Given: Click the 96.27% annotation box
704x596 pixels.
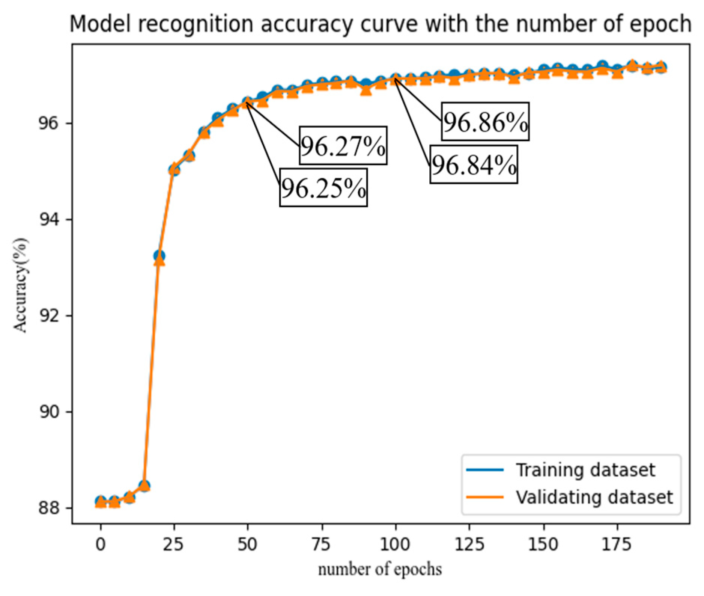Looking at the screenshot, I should [343, 145].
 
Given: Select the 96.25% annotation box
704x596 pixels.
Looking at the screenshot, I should [323, 187].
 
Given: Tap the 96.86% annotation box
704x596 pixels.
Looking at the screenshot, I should [485, 121].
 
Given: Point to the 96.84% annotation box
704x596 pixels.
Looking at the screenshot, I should [474, 164].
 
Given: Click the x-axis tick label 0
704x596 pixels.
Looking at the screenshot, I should [100, 544].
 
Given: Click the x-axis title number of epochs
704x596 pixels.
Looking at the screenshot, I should [380, 569].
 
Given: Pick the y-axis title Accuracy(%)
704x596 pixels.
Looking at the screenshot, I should [21, 285].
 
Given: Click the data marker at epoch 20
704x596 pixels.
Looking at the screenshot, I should [159, 258].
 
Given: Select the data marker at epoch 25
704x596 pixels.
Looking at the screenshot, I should [174, 170].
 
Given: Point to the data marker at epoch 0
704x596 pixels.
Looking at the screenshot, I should [100, 502].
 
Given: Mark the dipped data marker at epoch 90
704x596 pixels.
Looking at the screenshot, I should [366, 89].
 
